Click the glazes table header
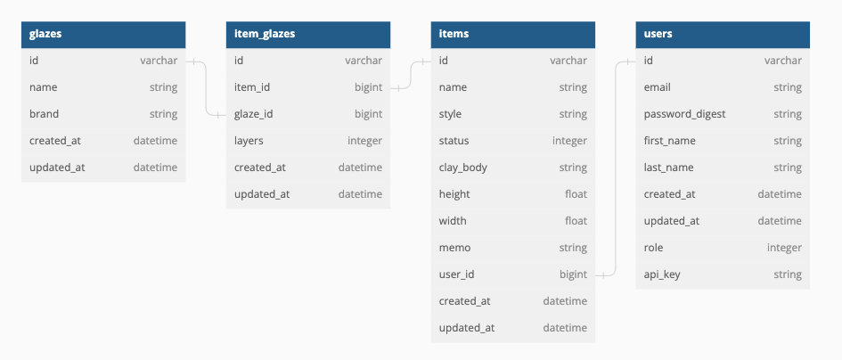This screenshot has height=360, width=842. point(103,34)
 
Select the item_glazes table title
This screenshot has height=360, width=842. point(308,34)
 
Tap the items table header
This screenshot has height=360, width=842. point(513,34)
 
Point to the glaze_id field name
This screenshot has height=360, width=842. point(255,114)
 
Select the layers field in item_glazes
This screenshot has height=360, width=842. point(249,141)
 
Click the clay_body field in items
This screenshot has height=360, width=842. point(462,168)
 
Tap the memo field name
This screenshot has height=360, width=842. point(454,248)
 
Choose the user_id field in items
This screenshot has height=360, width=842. point(456,274)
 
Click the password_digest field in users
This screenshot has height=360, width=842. point(684,114)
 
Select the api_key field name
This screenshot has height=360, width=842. point(662,274)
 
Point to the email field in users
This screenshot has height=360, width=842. point(658,87)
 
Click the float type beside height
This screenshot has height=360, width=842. point(576,194)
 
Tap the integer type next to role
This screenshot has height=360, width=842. point(784,248)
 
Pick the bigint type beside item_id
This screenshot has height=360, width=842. point(368,87)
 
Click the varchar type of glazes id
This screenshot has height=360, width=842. point(159,61)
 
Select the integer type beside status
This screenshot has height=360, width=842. point(569,141)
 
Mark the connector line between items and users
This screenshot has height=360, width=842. point(616,169)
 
